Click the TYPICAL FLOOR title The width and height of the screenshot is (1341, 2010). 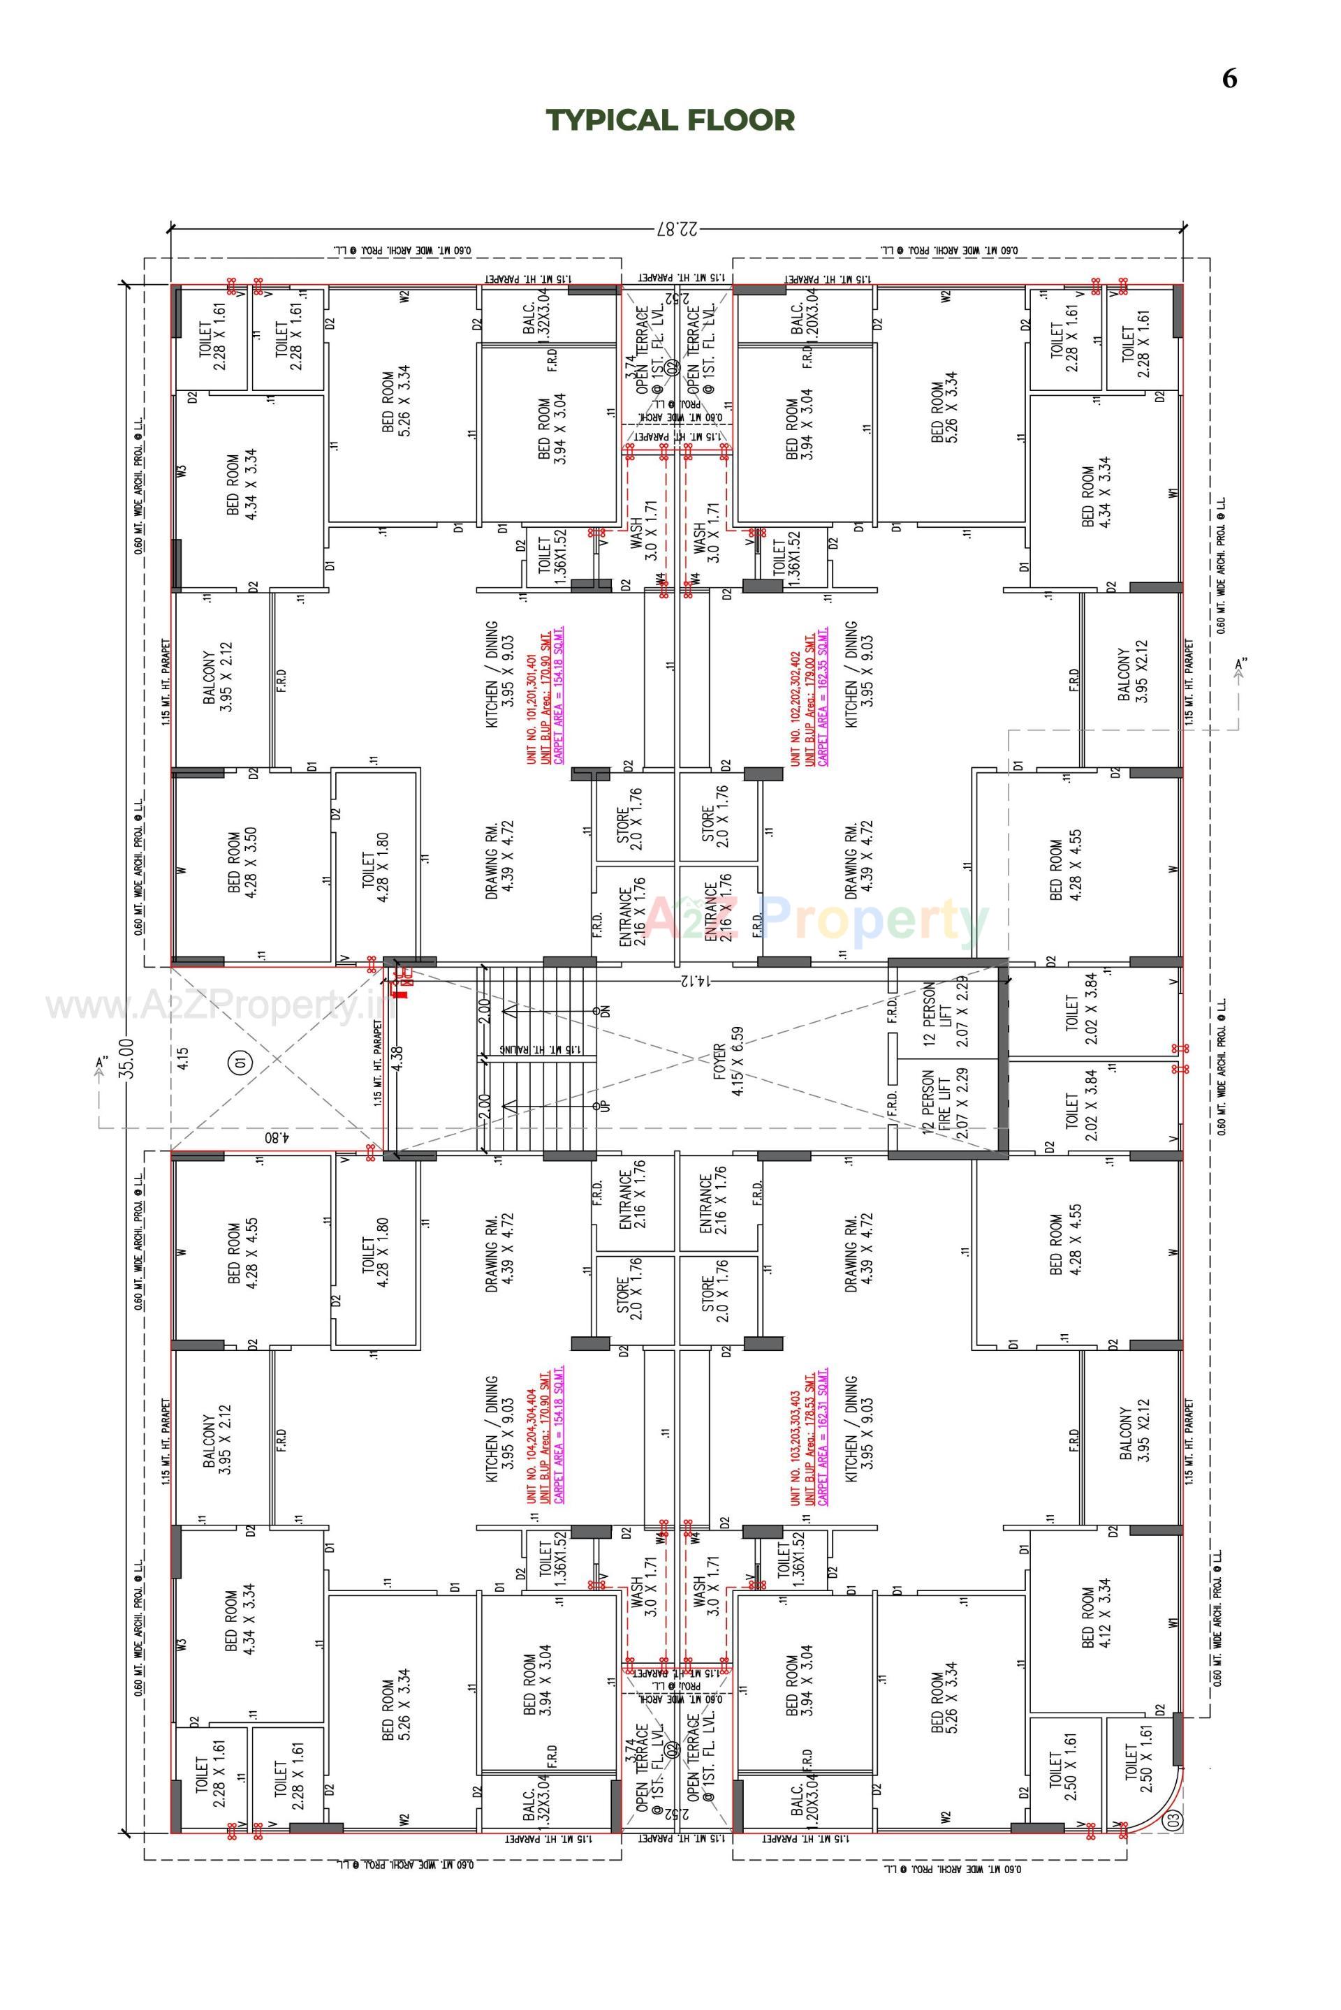pyautogui.click(x=670, y=119)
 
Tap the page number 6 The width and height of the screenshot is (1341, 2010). pyautogui.click(x=1229, y=79)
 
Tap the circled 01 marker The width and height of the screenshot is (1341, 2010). pyautogui.click(x=239, y=1063)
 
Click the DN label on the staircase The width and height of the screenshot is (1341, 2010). pyautogui.click(x=606, y=1010)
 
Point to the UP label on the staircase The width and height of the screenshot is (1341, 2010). pyautogui.click(x=606, y=1105)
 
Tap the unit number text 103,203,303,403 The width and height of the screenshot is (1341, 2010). pyautogui.click(x=796, y=1447)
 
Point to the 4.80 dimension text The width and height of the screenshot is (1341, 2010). pyautogui.click(x=278, y=1138)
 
